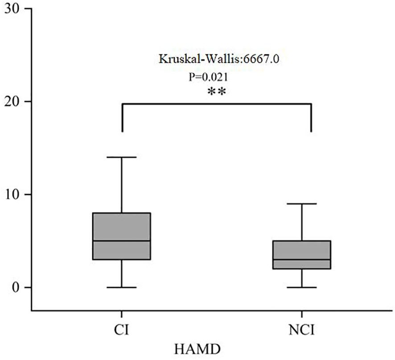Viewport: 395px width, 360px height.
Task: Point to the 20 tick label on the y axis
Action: pyautogui.click(x=12, y=102)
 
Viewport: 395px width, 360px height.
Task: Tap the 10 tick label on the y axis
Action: pyautogui.click(x=12, y=194)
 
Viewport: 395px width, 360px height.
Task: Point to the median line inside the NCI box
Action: pyautogui.click(x=301, y=259)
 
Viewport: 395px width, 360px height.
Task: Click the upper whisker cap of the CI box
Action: pyautogui.click(x=122, y=157)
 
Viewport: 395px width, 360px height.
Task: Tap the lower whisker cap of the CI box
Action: pyautogui.click(x=122, y=287)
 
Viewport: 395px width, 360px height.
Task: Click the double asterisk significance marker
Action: pyautogui.click(x=217, y=92)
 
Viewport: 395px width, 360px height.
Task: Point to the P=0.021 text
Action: pyautogui.click(x=208, y=77)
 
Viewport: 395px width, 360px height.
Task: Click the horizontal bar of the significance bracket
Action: pyautogui.click(x=216, y=103)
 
